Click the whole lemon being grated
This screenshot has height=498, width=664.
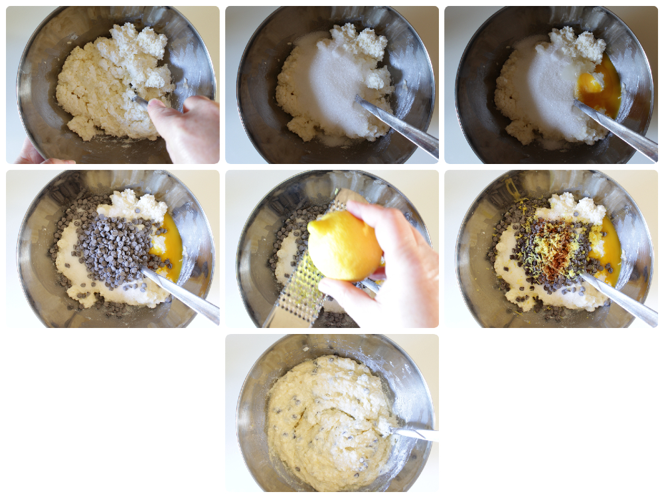click(344, 245)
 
